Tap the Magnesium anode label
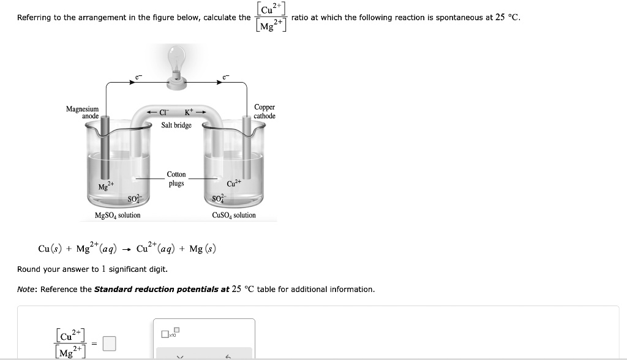coord(83,112)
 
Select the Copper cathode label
coord(265,111)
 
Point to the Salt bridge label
coord(176,126)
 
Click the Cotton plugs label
coord(176,179)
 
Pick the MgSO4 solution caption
coord(117,216)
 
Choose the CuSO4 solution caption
coord(234,216)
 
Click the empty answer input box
coord(108,344)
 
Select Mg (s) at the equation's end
coord(203,249)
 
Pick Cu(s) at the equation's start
coord(49,249)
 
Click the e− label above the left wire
coord(138,78)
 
